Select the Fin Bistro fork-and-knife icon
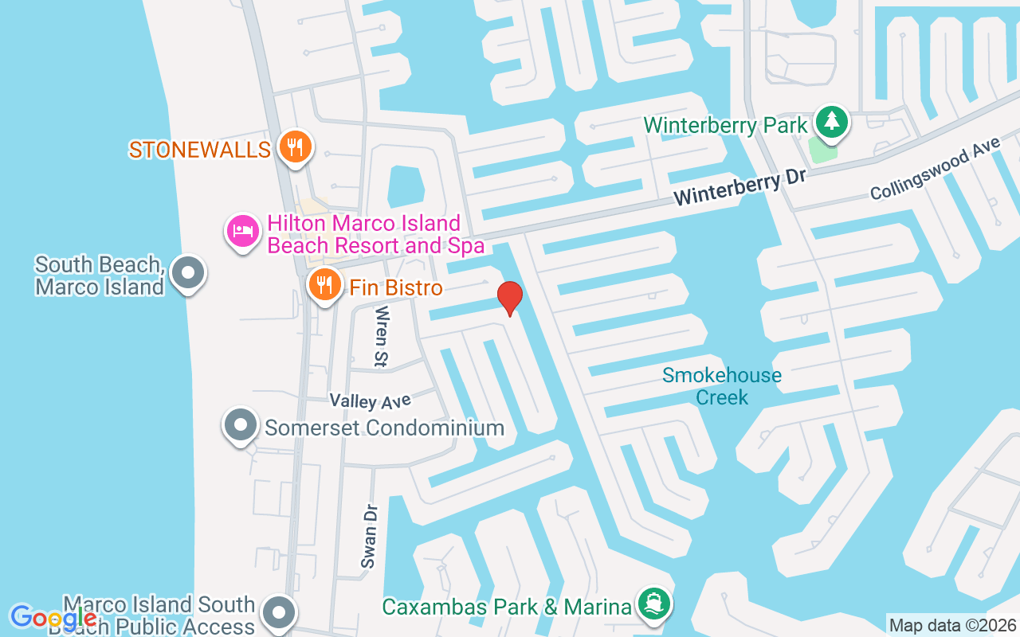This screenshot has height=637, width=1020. coord(324,284)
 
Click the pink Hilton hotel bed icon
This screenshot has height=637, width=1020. coord(243,232)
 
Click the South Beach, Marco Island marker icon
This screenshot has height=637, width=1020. coord(188,273)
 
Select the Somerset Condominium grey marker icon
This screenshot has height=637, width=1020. coord(241,426)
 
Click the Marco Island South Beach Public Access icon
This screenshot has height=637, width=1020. coord(279,613)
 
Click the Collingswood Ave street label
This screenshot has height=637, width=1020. coord(934,168)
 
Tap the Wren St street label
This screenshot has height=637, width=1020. coord(381,337)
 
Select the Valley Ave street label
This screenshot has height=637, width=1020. coord(371,401)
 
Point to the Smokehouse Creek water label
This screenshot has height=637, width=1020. coord(722,386)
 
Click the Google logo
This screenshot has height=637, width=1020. coord(53,617)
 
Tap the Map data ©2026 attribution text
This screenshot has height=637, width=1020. coord(952,626)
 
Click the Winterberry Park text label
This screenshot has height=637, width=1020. coord(725,125)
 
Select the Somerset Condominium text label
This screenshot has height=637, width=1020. coord(384,428)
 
